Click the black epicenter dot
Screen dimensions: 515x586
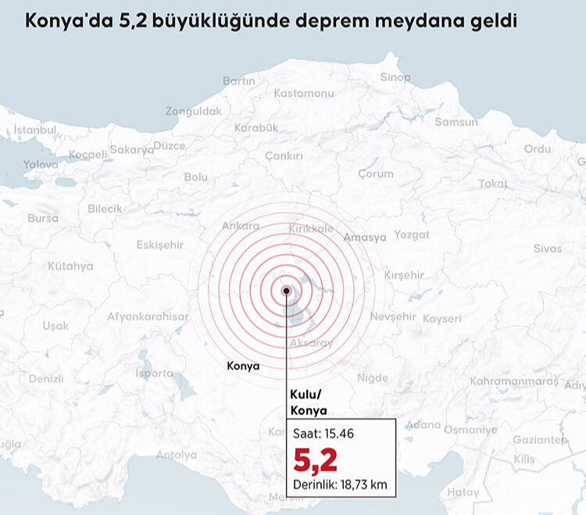click(x=287, y=291)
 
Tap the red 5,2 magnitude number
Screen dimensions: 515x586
click(x=316, y=460)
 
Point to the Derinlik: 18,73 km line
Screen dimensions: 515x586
click(x=340, y=485)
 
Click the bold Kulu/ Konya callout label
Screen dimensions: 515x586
click(x=309, y=403)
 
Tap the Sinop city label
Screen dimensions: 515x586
click(x=395, y=77)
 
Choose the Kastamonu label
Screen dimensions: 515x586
click(x=304, y=94)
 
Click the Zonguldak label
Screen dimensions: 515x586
click(x=193, y=112)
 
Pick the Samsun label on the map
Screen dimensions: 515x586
click(x=456, y=123)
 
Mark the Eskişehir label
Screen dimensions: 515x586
click(x=159, y=245)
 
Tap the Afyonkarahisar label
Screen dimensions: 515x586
click(x=148, y=317)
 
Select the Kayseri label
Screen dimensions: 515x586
click(x=442, y=319)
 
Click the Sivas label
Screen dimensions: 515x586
click(x=547, y=249)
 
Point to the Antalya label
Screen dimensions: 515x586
click(x=177, y=455)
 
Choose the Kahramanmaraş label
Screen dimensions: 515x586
click(x=514, y=381)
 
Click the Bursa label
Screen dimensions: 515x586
click(x=42, y=218)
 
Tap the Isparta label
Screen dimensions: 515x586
click(x=155, y=374)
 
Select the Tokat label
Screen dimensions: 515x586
click(x=492, y=184)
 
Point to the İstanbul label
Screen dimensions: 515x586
click(x=35, y=130)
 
